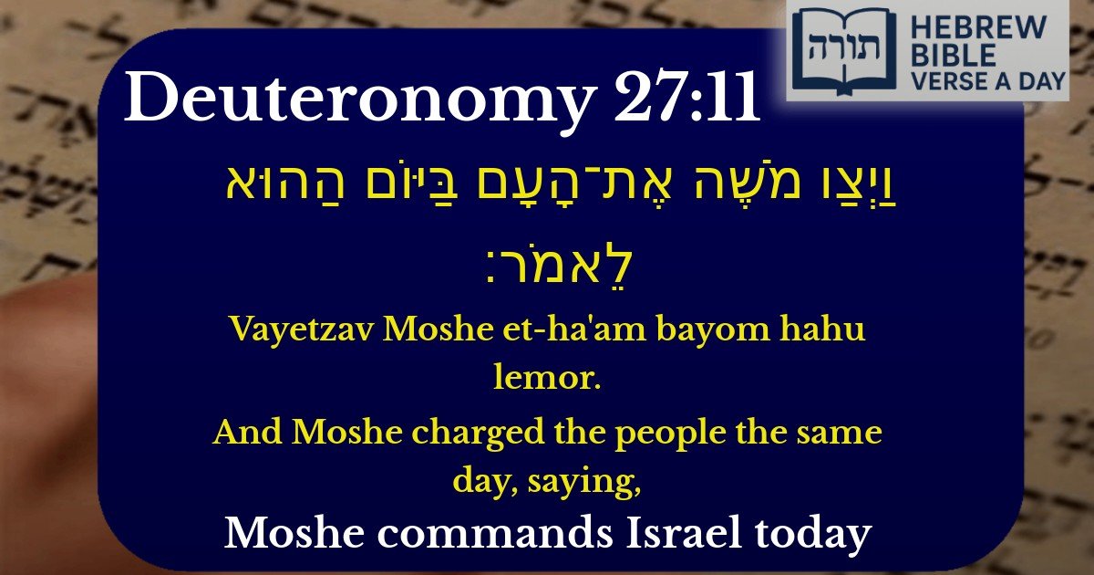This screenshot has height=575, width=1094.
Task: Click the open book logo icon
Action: point(844,50)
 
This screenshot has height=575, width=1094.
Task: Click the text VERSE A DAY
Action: point(986,82)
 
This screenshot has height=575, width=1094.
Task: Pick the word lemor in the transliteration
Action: point(547,379)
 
